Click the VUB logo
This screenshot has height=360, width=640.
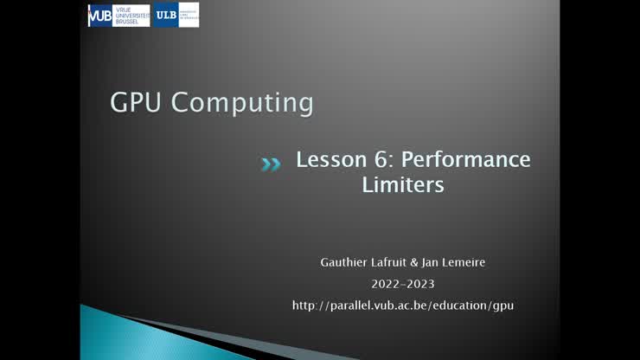pyautogui.click(x=118, y=16)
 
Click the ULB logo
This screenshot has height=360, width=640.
pyautogui.click(x=176, y=15)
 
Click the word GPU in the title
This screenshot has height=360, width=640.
pyautogui.click(x=136, y=103)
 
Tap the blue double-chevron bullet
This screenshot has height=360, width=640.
pyautogui.click(x=271, y=164)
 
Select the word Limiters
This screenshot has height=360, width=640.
pyautogui.click(x=403, y=184)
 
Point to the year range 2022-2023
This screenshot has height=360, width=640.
pyautogui.click(x=403, y=283)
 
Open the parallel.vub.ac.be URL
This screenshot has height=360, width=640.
pyautogui.click(x=403, y=305)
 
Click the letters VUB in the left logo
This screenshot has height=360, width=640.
pyautogui.click(x=100, y=16)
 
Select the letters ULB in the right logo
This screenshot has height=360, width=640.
pyautogui.click(x=166, y=15)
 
